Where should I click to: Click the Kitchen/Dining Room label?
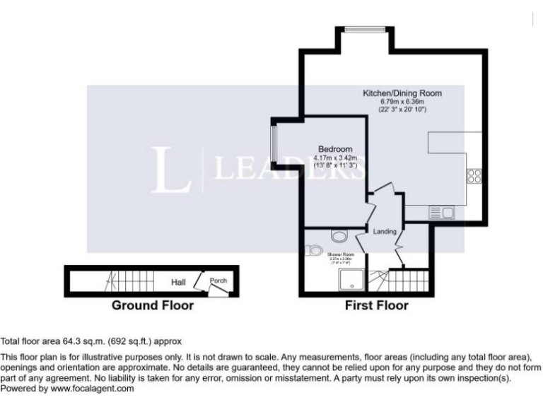402,93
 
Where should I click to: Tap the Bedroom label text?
335,149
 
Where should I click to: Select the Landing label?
385,231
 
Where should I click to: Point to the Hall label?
178,283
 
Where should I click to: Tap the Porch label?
218,281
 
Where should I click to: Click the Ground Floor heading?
152,306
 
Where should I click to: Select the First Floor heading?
376,306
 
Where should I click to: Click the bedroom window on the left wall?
273,146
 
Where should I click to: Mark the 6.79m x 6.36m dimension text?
402,102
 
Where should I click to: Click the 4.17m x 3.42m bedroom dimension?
335,158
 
